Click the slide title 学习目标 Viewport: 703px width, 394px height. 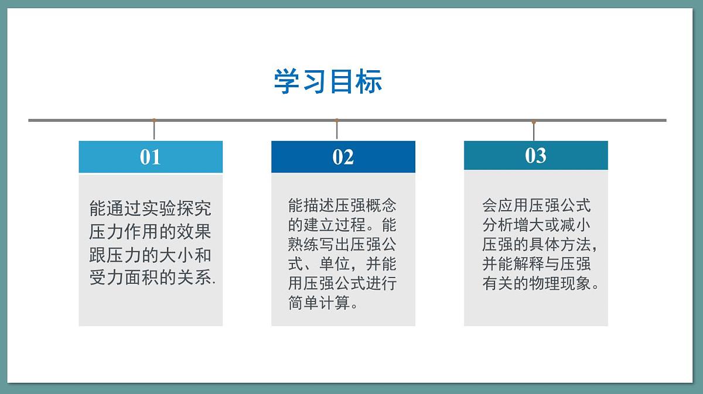(328, 81)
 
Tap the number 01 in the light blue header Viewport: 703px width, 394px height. (150, 157)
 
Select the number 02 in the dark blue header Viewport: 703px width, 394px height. (343, 157)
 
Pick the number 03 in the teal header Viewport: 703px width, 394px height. (535, 155)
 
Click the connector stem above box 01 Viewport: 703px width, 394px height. (154, 130)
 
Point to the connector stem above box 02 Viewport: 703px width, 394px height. (337, 130)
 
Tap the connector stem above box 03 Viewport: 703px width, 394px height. (534, 131)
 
